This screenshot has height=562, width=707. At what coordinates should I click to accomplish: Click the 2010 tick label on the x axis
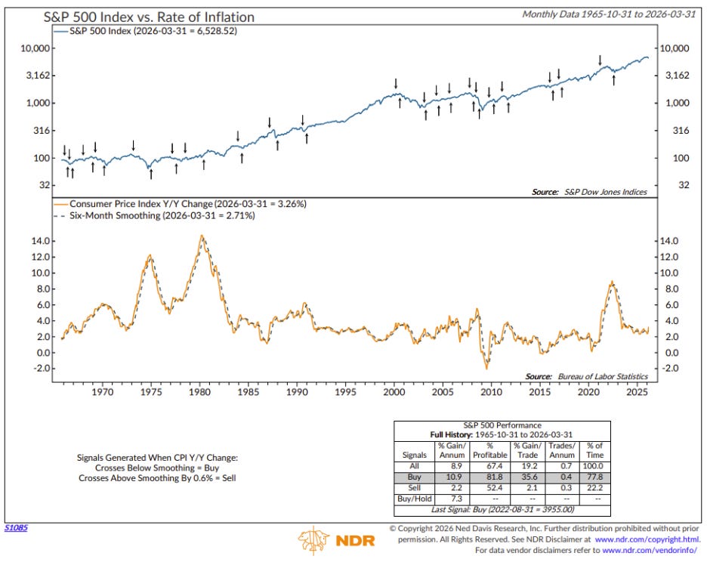tap(491, 393)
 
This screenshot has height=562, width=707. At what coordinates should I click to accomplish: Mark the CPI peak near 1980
tap(201, 236)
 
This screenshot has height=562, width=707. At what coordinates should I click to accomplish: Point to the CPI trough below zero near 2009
tap(487, 368)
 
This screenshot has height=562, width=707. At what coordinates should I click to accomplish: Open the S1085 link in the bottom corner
tap(16, 527)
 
